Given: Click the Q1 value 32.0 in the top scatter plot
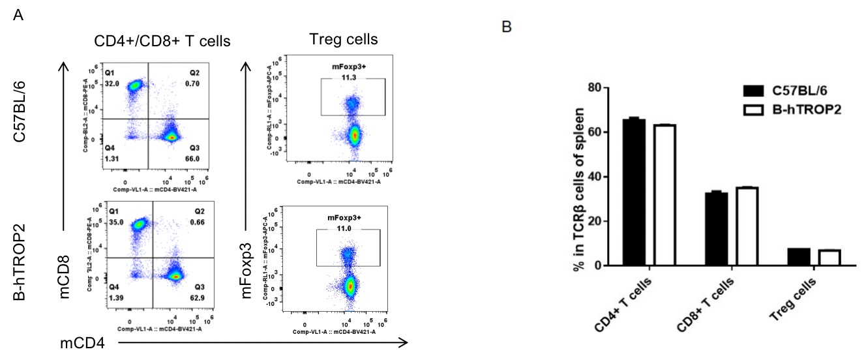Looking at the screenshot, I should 113,83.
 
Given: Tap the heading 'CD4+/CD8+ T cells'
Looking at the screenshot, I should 161,41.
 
